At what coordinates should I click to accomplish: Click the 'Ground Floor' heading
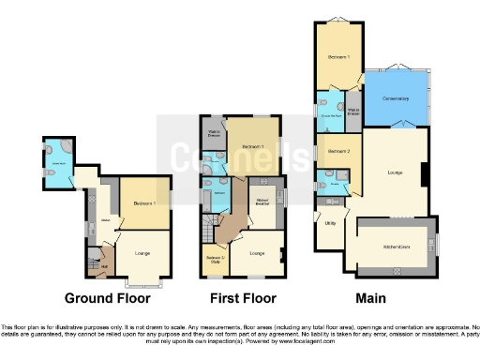(x=106, y=298)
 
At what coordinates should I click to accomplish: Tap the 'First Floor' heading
(x=237, y=298)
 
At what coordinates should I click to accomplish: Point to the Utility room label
(x=330, y=224)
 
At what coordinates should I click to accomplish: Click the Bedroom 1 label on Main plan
(x=337, y=57)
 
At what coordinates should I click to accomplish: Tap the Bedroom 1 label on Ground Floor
(x=142, y=202)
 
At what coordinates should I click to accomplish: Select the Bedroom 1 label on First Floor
(x=250, y=146)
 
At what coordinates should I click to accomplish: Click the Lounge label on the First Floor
(x=258, y=252)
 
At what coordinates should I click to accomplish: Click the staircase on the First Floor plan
(x=204, y=229)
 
